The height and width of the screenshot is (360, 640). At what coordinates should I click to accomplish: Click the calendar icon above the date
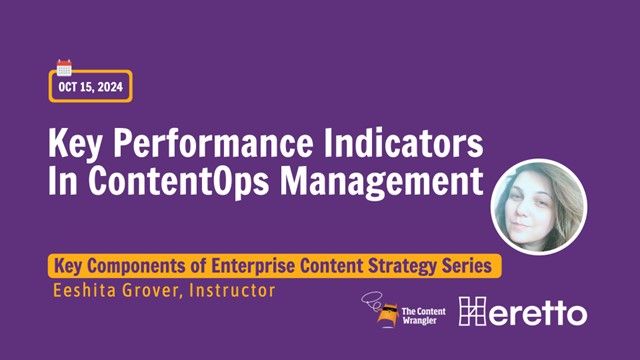click(x=64, y=68)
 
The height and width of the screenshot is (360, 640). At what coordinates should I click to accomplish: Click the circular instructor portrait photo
click(x=539, y=206)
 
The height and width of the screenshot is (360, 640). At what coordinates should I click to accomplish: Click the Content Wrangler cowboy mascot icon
click(x=382, y=312)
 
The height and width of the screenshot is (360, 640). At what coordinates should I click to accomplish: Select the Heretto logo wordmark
click(x=522, y=313)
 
